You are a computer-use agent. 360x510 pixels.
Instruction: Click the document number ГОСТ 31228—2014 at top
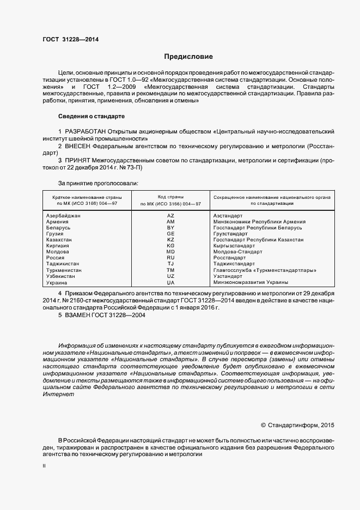click(70, 39)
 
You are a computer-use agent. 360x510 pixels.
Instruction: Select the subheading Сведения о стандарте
click(91, 117)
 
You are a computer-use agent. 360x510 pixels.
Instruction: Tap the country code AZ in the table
click(170, 216)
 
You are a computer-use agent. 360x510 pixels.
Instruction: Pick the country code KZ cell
click(170, 240)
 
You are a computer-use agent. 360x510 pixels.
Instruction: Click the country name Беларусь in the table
click(60, 228)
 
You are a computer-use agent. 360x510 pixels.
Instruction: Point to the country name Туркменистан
click(64, 270)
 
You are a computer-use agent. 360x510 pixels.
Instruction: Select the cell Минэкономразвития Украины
click(248, 282)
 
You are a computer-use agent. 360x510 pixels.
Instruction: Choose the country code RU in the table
click(170, 258)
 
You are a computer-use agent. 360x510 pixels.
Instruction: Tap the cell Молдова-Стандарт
click(237, 252)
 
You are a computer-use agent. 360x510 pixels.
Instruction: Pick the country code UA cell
click(170, 282)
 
